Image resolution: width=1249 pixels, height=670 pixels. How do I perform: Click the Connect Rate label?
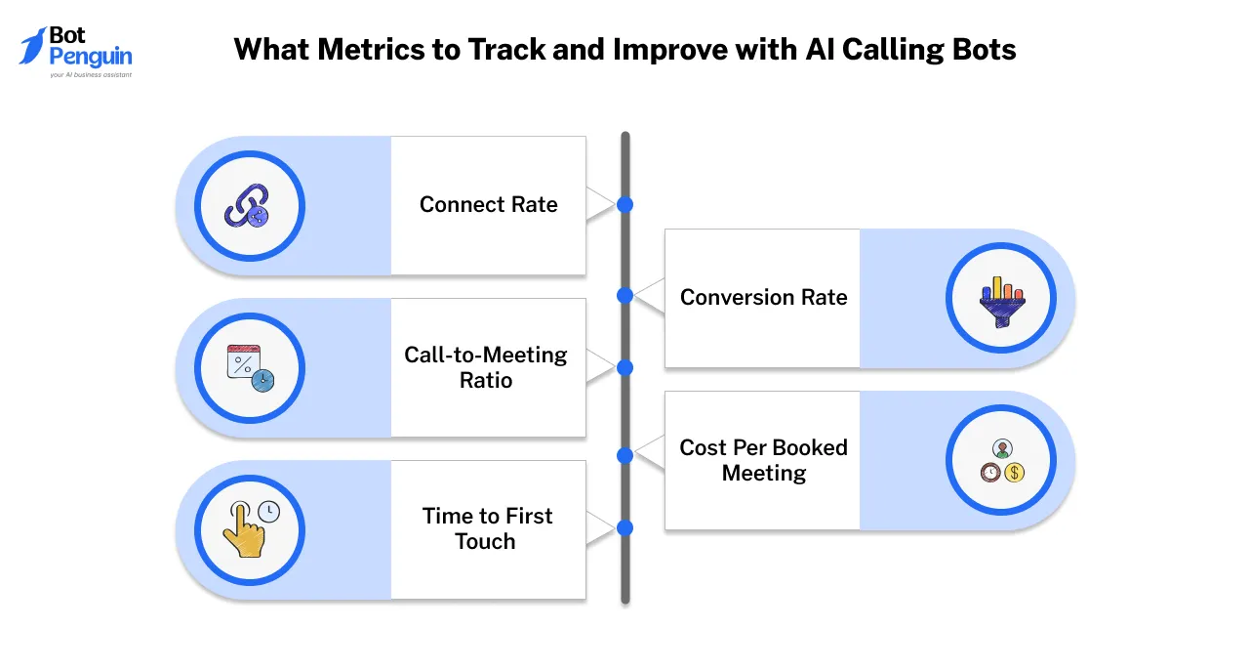[x=488, y=205]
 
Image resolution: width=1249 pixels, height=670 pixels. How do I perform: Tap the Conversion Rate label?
[x=763, y=298]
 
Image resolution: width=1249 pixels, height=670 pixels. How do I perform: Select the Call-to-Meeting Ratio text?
[x=486, y=367]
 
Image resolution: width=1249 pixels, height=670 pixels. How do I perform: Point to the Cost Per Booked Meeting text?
[x=763, y=460]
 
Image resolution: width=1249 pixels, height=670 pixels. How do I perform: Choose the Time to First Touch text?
[x=487, y=528]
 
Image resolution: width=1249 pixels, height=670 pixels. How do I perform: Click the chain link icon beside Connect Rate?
[x=249, y=206]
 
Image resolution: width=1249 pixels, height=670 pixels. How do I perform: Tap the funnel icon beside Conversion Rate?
[x=1001, y=300]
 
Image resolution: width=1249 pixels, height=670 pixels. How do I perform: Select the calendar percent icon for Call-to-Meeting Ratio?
[x=249, y=368]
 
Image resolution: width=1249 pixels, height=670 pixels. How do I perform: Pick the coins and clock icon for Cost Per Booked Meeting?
[x=1001, y=461]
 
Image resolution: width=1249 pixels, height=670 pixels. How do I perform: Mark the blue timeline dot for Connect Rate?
[x=625, y=205]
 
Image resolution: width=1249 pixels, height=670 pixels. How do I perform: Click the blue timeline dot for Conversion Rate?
[x=625, y=295]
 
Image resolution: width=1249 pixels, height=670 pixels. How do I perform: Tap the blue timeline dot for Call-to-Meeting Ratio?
[x=625, y=367]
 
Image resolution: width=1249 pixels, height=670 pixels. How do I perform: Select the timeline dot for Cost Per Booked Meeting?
[x=625, y=455]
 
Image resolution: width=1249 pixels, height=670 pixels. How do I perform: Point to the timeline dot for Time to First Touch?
[x=625, y=527]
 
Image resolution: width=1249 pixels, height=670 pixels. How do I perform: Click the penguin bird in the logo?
[x=32, y=46]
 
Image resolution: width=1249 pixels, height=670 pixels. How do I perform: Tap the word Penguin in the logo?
[x=90, y=57]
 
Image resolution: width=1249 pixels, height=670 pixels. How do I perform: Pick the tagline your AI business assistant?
[x=90, y=74]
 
